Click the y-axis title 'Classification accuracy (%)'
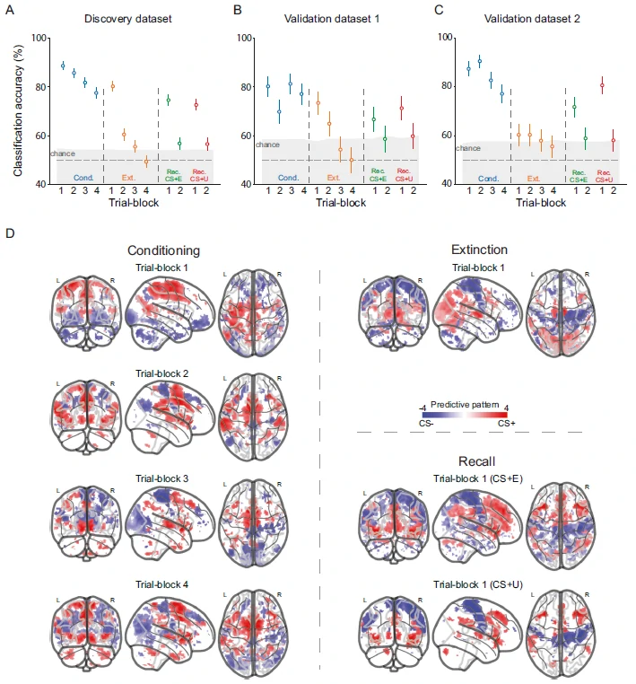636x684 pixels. [18, 110]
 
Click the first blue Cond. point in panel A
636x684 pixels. [63, 66]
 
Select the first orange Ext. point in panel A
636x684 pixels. [113, 86]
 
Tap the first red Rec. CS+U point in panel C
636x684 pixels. [602, 85]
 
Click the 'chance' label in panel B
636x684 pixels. [267, 145]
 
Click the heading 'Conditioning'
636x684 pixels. [163, 250]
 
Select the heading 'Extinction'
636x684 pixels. [480, 250]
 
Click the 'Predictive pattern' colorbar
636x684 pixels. [457, 414]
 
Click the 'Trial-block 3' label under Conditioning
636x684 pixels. [161, 478]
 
